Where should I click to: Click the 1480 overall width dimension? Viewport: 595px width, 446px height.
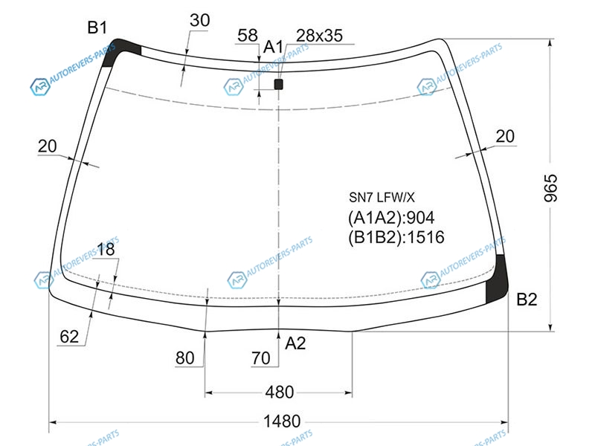[282, 421]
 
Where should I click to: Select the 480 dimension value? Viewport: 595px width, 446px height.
[280, 392]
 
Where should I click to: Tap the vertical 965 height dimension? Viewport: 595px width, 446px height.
[550, 188]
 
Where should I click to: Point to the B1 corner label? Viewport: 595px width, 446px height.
[97, 28]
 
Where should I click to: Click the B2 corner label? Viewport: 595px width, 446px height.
[527, 300]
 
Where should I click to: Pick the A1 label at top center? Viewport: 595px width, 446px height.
[273, 47]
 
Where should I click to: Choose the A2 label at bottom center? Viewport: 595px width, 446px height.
[295, 343]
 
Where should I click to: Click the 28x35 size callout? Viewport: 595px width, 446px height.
[319, 36]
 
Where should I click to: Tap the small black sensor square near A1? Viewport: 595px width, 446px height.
[278, 84]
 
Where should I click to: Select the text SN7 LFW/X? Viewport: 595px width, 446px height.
[382, 197]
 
